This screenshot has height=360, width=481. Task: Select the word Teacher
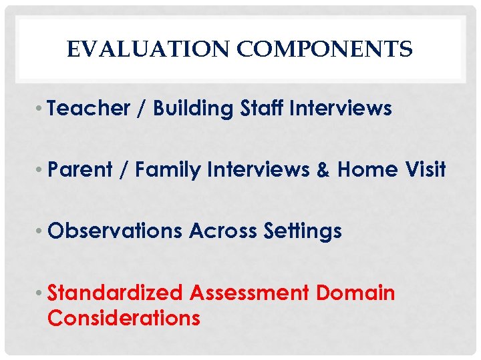[x=89, y=109]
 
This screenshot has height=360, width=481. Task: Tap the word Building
[x=193, y=109]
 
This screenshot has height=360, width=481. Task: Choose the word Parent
[x=81, y=170]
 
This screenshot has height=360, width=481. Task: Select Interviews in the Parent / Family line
[x=253, y=170]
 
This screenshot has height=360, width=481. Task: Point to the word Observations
[x=115, y=231]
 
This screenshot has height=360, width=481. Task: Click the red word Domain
[x=356, y=293]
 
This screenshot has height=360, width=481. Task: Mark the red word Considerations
[x=124, y=318]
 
